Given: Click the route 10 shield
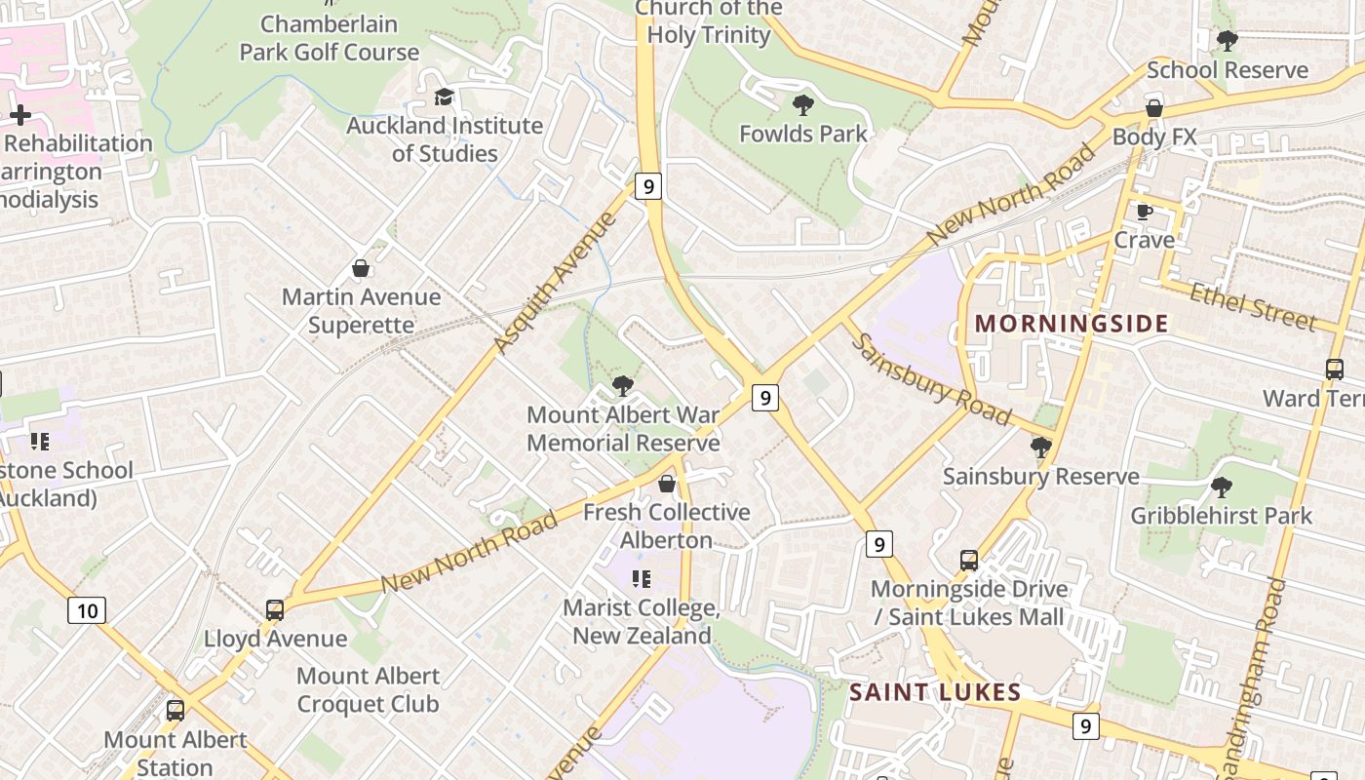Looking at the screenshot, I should (87, 611).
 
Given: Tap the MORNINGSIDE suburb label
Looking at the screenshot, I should (1072, 324).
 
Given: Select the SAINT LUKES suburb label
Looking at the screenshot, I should (935, 693).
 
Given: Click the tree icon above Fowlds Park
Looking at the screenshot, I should (803, 104).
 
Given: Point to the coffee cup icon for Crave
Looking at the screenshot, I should (1145, 212).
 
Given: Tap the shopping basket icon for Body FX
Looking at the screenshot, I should (1154, 108).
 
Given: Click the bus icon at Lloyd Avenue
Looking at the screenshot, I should (275, 610).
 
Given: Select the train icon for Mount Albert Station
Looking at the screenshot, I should (175, 711).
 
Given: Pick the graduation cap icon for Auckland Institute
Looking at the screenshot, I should (445, 97).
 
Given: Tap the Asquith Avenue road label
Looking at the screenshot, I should (555, 282).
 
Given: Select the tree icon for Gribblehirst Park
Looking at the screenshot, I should (1221, 487).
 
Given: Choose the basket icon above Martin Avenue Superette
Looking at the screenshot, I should (361, 268).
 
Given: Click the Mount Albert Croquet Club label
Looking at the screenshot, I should (368, 689).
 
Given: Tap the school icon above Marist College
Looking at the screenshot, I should (642, 579).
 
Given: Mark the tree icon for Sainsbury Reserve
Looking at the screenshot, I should (1040, 448).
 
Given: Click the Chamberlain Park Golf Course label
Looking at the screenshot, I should (330, 38).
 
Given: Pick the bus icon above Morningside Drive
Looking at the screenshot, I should (969, 561).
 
